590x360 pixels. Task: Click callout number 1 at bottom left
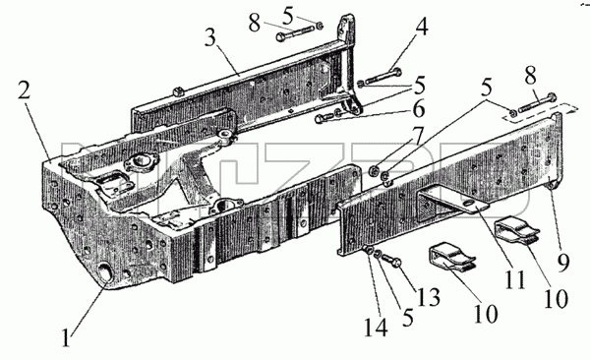(x=67, y=337)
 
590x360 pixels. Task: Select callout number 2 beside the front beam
(x=24, y=90)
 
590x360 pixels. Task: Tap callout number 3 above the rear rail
(x=210, y=38)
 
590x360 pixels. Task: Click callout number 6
(x=419, y=109)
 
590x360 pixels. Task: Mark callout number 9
(x=563, y=262)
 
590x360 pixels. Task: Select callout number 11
(x=515, y=279)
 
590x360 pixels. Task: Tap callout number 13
(x=429, y=297)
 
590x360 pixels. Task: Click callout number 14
(x=376, y=328)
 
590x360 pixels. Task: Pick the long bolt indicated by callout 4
(x=383, y=76)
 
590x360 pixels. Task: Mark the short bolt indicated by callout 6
(x=324, y=118)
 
